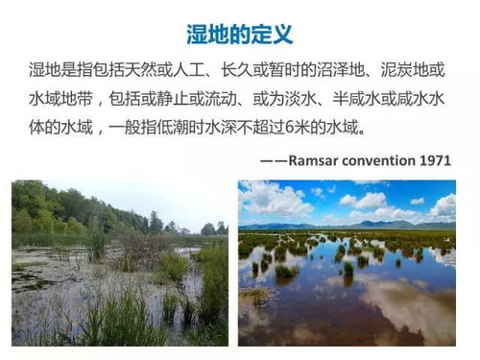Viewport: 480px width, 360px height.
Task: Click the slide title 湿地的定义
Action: [x=240, y=34]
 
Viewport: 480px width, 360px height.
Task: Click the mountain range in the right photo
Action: [x=384, y=226]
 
